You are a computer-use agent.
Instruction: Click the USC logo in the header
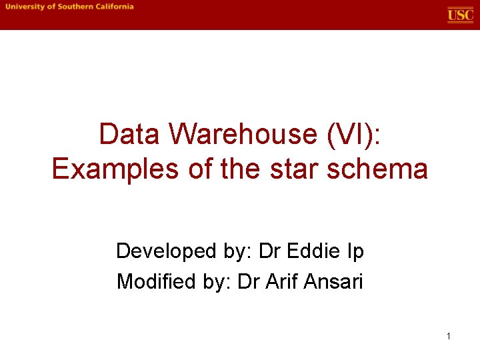click(460, 15)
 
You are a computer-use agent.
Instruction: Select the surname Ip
click(355, 251)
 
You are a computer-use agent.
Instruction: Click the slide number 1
click(449, 336)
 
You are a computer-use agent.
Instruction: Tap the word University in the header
click(25, 7)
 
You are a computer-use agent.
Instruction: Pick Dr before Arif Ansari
click(246, 282)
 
